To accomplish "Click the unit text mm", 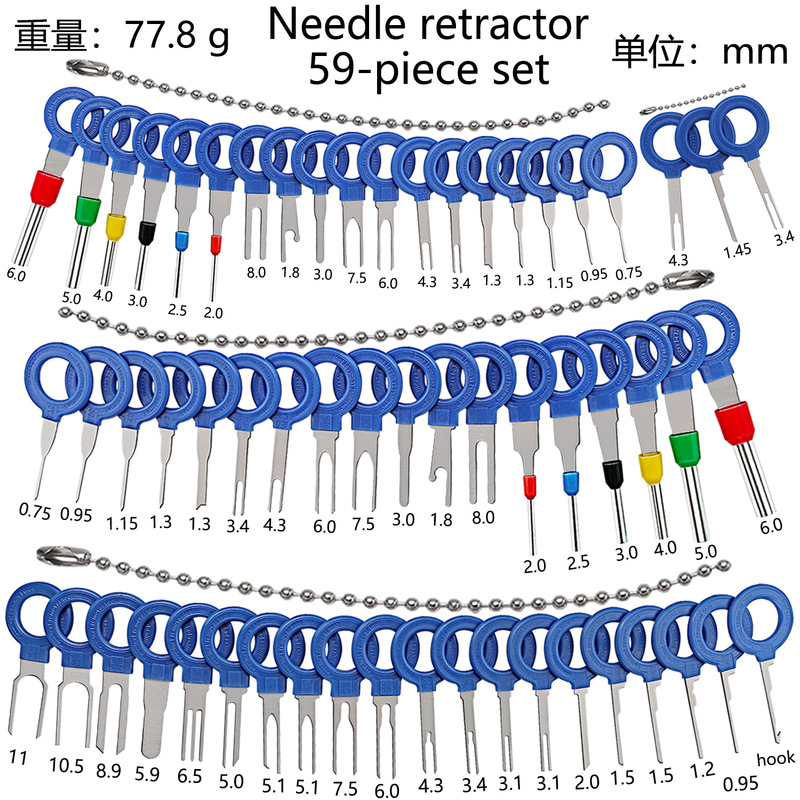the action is (755, 50).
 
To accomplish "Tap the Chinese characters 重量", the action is (44, 37).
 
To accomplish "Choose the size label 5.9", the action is (149, 773).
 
